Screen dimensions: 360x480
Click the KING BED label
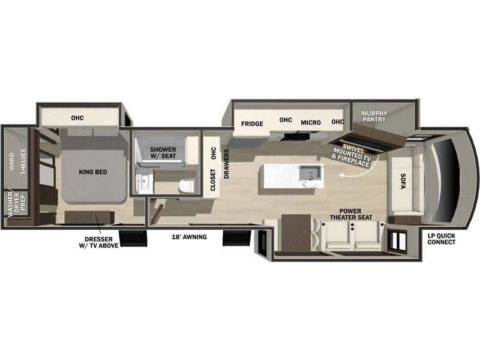point(93,172)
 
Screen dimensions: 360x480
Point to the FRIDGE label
point(253,124)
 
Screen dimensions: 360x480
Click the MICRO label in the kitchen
point(311,123)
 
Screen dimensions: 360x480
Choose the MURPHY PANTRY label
point(374,116)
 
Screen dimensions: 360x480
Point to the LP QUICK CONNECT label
point(441,239)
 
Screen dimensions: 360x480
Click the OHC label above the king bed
point(77,118)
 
